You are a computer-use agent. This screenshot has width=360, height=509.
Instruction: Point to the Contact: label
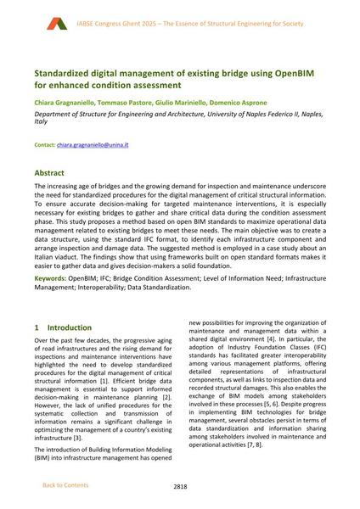click(44, 145)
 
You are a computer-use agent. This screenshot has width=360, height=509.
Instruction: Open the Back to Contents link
click(65, 485)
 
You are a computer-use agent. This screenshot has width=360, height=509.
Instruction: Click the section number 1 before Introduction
click(36, 327)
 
